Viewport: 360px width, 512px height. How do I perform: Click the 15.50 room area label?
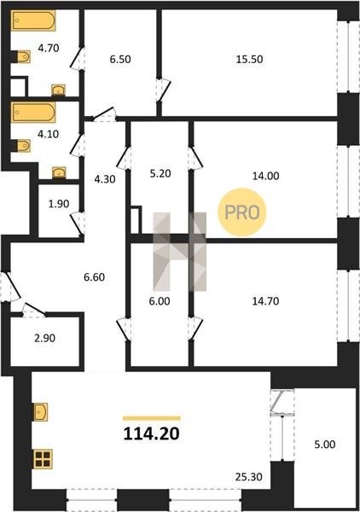coord(249,59)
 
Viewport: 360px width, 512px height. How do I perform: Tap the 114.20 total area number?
coord(152,433)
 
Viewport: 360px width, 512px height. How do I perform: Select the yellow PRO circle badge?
coord(242,212)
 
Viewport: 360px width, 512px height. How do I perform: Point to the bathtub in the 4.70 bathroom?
coord(33,20)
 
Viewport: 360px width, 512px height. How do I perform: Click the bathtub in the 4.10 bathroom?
coord(33,113)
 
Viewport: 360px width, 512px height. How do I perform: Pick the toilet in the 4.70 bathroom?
coord(24,57)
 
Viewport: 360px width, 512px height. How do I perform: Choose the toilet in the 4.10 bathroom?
coord(24,146)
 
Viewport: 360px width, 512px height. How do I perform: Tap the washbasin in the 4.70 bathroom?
coord(58,90)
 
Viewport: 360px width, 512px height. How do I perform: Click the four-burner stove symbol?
coord(43,459)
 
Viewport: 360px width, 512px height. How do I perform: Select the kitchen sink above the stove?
coord(40,412)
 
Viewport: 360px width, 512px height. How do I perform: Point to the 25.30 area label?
coord(249,477)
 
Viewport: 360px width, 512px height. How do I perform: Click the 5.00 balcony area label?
coord(325,445)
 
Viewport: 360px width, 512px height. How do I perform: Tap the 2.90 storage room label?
coord(44,338)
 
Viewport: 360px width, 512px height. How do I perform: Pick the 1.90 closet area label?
coord(59,204)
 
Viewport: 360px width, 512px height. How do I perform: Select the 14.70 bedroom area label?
coord(265,301)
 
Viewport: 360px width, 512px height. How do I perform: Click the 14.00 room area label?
coord(265,176)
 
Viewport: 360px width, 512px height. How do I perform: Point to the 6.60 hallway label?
coord(95,277)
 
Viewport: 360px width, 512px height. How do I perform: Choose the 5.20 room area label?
coord(160,173)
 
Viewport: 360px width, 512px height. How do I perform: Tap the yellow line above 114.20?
coord(152,418)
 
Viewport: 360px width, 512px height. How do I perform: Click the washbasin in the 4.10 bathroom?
coord(59,172)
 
